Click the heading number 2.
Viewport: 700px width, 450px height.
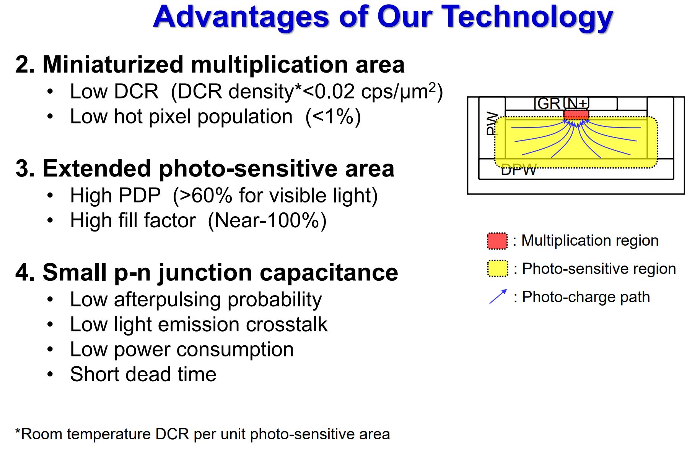point(24,64)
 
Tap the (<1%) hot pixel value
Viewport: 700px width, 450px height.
point(333,117)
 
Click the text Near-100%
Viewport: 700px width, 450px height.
point(267,220)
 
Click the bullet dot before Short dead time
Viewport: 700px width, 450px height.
point(50,374)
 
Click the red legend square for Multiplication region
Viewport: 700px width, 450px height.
point(497,241)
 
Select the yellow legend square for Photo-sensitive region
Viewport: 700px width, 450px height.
point(497,269)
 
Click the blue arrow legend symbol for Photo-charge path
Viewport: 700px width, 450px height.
point(498,297)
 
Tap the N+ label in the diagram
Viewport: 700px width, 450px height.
point(577,103)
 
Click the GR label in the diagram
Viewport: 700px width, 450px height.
point(549,104)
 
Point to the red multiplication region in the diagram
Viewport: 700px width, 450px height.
point(576,115)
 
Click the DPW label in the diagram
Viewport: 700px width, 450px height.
point(519,170)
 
